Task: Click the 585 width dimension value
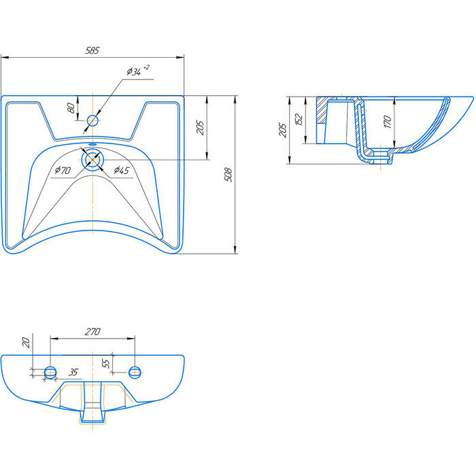[x=93, y=50]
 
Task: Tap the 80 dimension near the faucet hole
[x=71, y=108]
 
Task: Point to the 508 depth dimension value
[x=228, y=175]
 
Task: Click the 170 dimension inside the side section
[x=387, y=122]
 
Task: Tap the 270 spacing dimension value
[x=92, y=332]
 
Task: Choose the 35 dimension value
[x=74, y=373]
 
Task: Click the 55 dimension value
[x=107, y=364]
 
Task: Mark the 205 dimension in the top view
[x=200, y=127]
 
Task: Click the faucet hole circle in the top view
[x=92, y=121]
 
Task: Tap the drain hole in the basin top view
[x=92, y=160]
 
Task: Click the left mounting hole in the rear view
[x=50, y=372]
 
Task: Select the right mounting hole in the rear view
[x=135, y=372]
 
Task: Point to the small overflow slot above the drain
[x=92, y=145]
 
